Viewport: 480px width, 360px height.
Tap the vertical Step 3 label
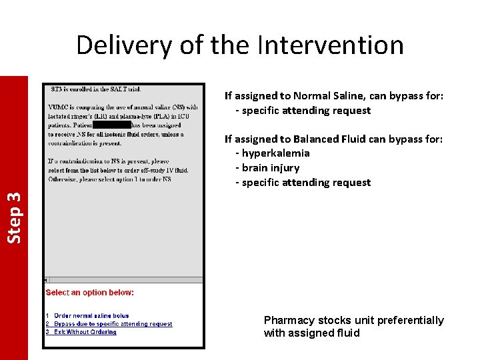(x=14, y=217)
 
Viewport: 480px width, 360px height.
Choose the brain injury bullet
(x=270, y=168)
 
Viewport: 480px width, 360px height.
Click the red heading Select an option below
(x=89, y=293)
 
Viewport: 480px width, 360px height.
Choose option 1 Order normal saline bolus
(x=91, y=316)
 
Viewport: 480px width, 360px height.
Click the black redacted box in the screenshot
(x=111, y=125)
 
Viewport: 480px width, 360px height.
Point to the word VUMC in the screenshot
(x=57, y=107)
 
